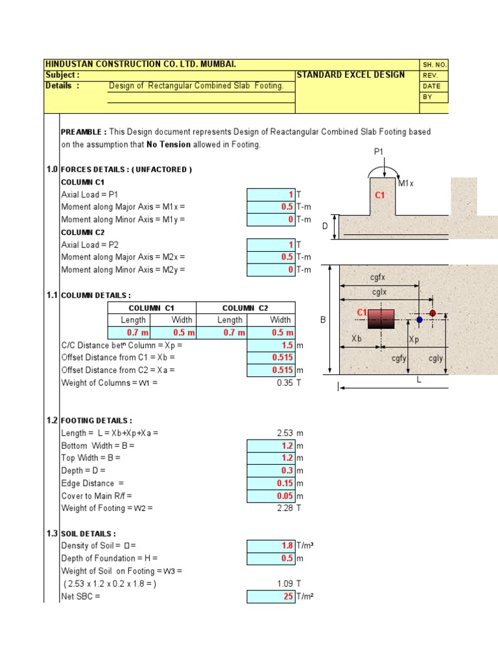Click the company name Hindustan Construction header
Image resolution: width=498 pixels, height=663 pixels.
(x=140, y=64)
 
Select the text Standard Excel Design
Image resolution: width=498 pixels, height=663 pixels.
(x=350, y=74)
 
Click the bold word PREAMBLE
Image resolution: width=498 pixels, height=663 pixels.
(x=84, y=132)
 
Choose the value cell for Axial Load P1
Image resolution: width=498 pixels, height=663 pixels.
(x=271, y=194)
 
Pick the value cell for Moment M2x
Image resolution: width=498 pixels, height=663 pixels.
(x=271, y=257)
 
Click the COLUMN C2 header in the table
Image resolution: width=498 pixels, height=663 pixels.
(x=245, y=308)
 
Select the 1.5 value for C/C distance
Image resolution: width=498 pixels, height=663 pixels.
(x=271, y=346)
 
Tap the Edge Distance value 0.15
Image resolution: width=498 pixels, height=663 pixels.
(x=271, y=483)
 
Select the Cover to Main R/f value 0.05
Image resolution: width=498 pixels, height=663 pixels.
(x=271, y=496)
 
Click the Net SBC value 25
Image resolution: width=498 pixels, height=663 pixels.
(x=271, y=596)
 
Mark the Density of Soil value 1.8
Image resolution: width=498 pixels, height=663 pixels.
(x=271, y=546)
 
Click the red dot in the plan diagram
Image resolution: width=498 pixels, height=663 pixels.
(x=433, y=313)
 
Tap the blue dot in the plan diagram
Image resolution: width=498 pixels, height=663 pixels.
(x=420, y=319)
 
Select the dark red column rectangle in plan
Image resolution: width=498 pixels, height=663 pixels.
(x=381, y=319)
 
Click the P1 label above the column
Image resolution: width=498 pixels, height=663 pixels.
(x=379, y=153)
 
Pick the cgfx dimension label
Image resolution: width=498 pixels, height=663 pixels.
(x=378, y=277)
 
